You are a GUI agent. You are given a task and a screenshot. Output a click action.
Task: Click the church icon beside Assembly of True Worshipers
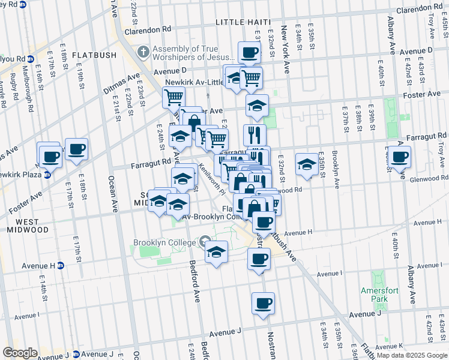143,52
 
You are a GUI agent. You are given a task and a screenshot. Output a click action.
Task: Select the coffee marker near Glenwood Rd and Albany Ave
399,157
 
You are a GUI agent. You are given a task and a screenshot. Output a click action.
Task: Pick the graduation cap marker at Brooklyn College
216,252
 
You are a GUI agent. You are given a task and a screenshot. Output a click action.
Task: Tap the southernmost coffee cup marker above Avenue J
263,304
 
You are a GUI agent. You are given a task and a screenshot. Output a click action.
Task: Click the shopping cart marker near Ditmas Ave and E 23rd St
173,97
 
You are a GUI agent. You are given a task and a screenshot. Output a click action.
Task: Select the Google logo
20,353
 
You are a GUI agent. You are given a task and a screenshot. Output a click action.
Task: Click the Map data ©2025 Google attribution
411,355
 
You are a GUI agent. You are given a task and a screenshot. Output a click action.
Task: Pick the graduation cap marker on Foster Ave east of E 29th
256,106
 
